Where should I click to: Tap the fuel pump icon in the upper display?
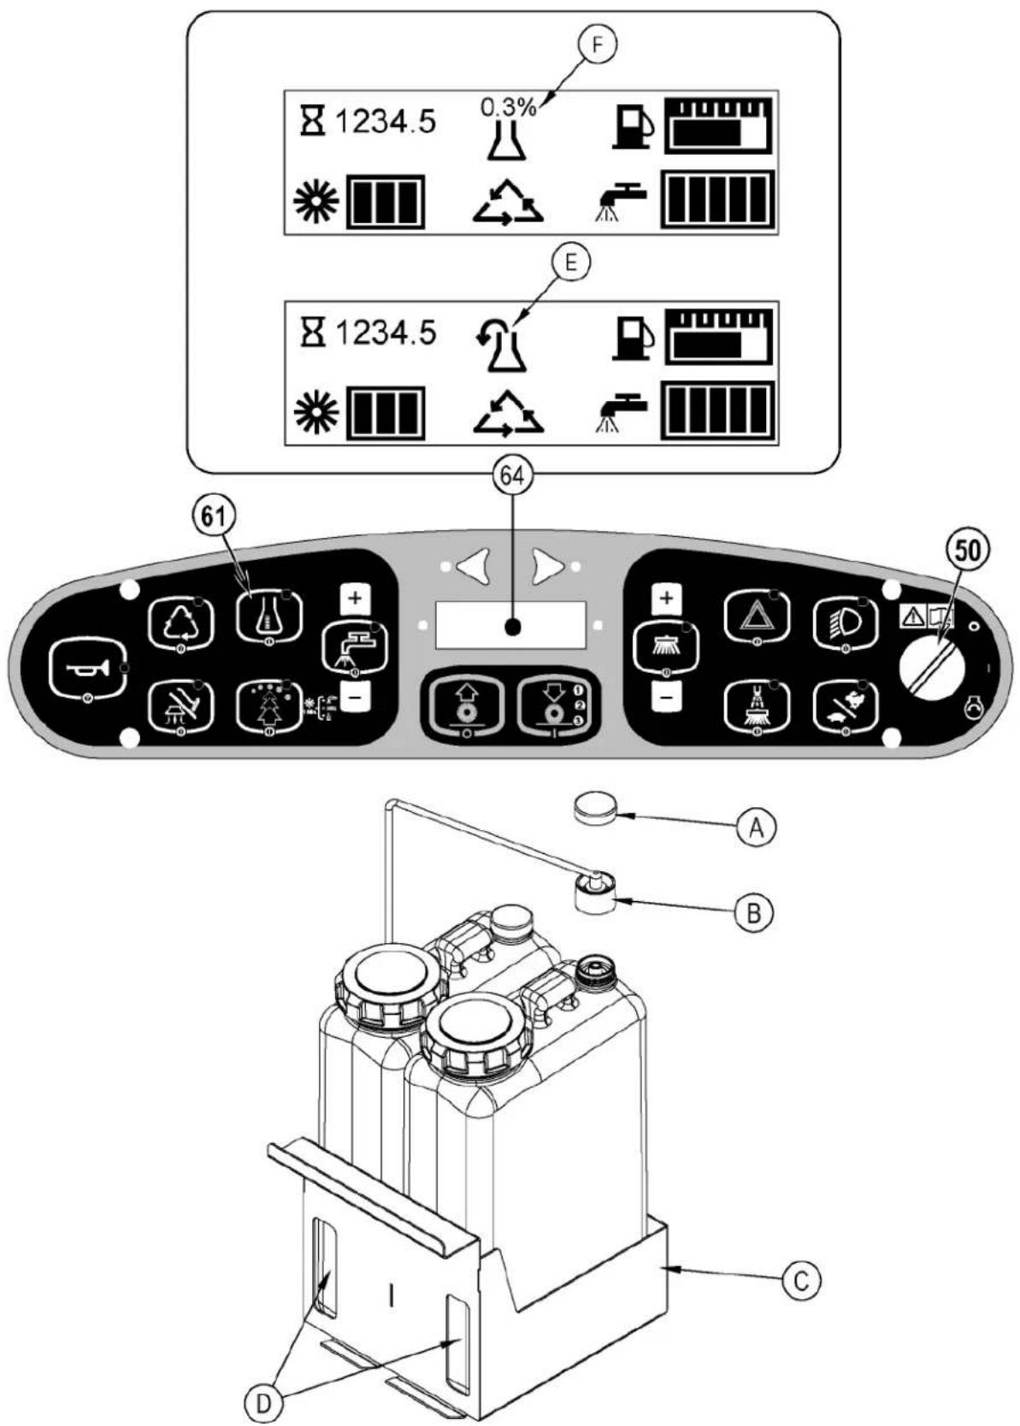tap(633, 127)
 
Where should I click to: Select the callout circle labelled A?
tap(756, 828)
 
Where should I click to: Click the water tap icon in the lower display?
tap(620, 414)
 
